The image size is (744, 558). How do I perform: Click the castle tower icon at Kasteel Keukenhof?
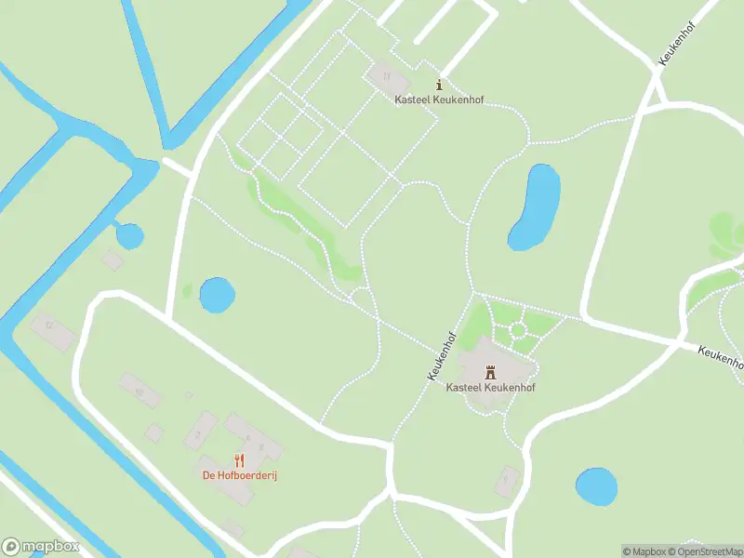click(x=490, y=371)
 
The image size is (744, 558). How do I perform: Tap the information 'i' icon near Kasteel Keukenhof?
click(x=439, y=86)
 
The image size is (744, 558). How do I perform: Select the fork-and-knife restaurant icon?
click(x=240, y=460)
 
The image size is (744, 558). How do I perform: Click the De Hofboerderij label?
click(x=240, y=476)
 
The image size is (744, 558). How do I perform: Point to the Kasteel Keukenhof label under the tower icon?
click(x=490, y=387)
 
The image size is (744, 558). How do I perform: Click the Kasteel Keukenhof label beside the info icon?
click(x=439, y=100)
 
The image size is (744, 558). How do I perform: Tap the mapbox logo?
click(x=41, y=547)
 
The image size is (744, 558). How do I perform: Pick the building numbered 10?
click(x=139, y=391)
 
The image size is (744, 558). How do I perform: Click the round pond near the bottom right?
click(x=596, y=486)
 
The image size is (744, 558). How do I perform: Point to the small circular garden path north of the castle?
click(x=517, y=331)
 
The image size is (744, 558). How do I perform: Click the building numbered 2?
click(x=198, y=434)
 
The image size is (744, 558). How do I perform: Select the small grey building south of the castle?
click(x=507, y=480)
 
